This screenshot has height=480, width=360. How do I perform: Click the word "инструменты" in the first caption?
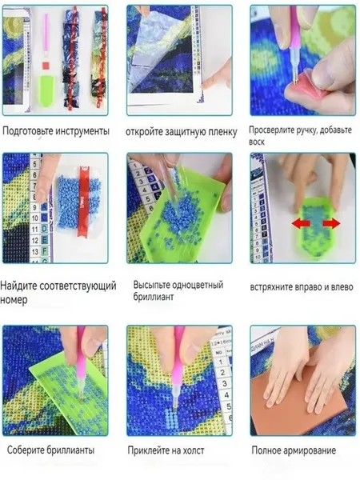click(x=82, y=131)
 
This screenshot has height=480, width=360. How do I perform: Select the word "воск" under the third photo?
click(x=257, y=142)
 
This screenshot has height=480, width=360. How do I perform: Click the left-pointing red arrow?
click(x=299, y=224)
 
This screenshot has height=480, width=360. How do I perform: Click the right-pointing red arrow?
click(x=331, y=223)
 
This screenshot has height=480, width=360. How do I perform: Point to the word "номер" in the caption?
click(x=14, y=300)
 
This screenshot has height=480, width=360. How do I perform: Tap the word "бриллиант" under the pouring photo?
click(x=154, y=297)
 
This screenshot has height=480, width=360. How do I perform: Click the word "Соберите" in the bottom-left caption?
click(x=26, y=450)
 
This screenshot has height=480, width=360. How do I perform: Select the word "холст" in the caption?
click(x=193, y=450)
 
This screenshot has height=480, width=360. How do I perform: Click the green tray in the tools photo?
click(x=46, y=91)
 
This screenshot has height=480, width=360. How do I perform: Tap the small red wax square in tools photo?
click(x=46, y=66)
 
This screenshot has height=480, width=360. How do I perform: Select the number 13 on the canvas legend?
click(x=35, y=252)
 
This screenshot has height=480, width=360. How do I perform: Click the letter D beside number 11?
click(x=45, y=230)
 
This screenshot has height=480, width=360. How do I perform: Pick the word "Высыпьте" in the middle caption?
click(x=150, y=285)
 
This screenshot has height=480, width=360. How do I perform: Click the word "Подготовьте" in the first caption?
click(x=28, y=131)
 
